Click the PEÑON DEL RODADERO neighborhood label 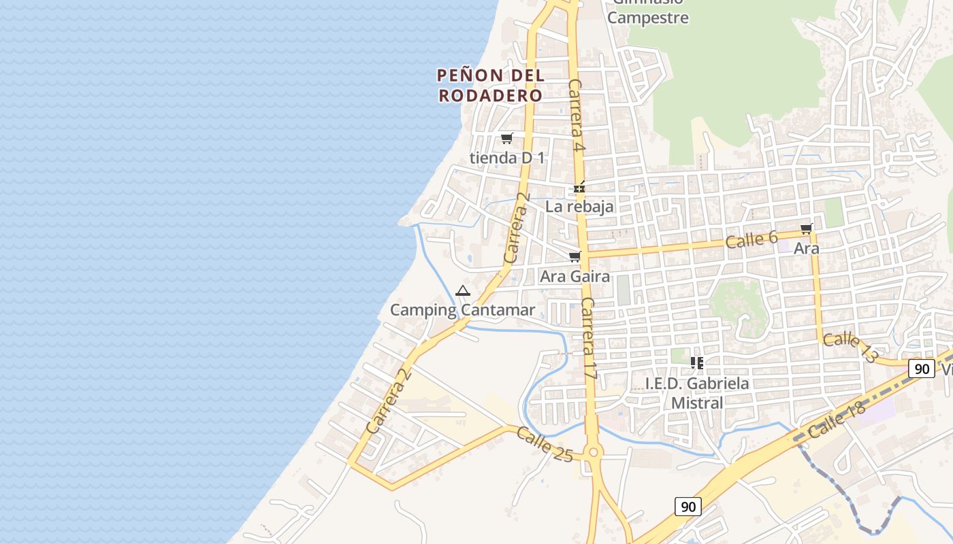coord(490,85)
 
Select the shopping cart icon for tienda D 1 coord(506,139)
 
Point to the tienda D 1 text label coord(507,158)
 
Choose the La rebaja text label coord(579,207)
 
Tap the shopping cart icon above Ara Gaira coord(575,256)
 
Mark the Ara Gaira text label coord(575,277)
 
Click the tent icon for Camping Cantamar coord(463,291)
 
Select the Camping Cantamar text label coord(462,311)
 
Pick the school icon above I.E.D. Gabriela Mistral coord(696,363)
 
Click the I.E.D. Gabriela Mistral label coord(697,393)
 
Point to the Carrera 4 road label coord(577,116)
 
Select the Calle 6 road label coord(752,239)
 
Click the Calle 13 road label coord(850,347)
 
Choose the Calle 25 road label coord(544,444)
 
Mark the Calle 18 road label coord(837,419)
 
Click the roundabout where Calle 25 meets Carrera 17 coord(594,452)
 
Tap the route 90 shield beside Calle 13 coord(922,369)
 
